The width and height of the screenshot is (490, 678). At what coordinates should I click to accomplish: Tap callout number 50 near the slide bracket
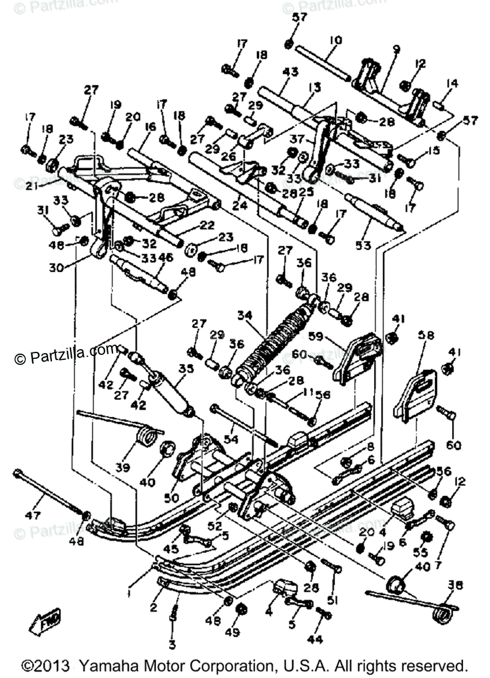[171, 498]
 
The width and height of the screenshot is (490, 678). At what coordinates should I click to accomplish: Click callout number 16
[150, 128]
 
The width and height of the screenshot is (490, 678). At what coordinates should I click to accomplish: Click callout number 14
[451, 84]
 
